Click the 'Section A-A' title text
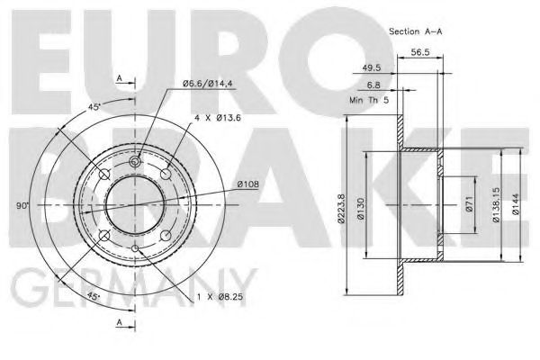point(417,31)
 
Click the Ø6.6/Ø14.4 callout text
point(208,85)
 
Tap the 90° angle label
point(22,205)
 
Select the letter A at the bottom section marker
point(119,321)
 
